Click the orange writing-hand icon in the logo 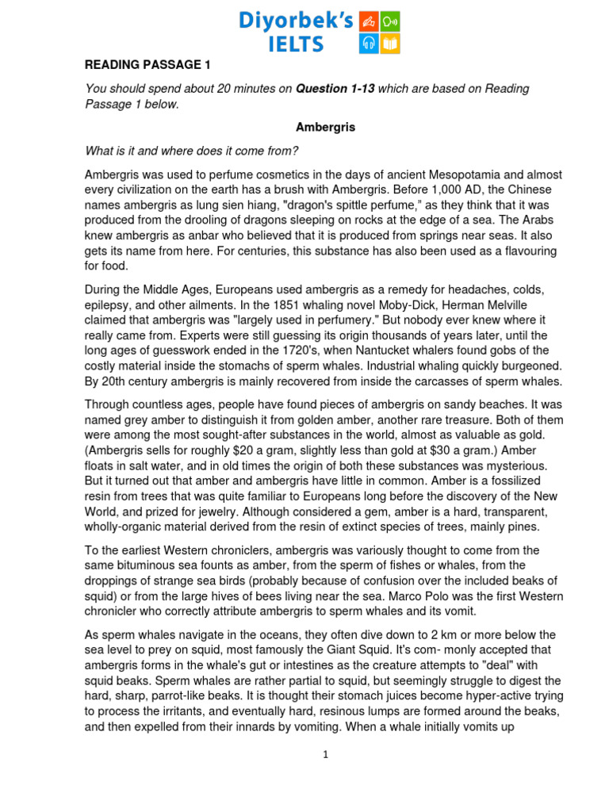point(370,21)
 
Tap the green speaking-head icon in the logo point(390,21)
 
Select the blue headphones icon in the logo point(370,43)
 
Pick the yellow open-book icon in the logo point(390,43)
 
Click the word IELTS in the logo point(295,44)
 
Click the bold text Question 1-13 point(335,89)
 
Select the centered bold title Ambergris point(325,127)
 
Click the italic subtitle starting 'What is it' point(191,151)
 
